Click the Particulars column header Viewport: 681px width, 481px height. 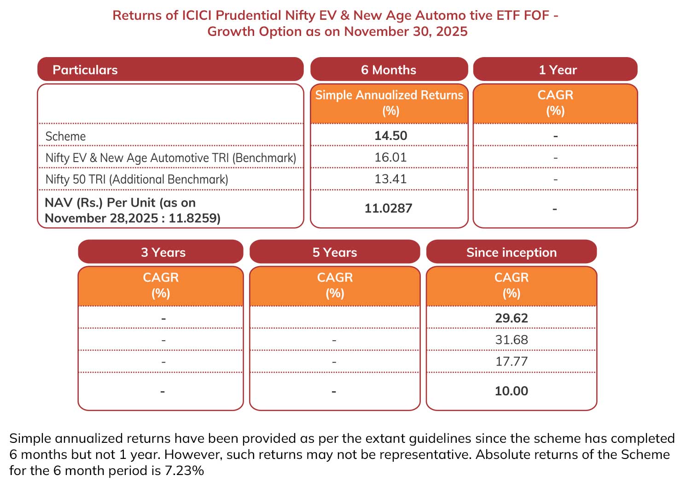tap(85, 70)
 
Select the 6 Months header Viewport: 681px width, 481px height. tap(389, 70)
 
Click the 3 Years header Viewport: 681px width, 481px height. tap(163, 252)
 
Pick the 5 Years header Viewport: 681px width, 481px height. tap(335, 252)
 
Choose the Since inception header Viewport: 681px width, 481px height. tap(512, 252)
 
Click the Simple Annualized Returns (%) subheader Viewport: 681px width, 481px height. tap(389, 103)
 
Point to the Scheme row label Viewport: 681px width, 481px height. tap(65, 136)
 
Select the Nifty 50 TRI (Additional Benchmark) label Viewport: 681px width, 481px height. tap(137, 179)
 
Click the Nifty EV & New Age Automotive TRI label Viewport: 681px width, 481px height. tap(170, 158)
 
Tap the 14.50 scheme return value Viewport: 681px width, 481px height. tap(390, 136)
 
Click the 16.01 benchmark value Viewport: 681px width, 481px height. tap(390, 157)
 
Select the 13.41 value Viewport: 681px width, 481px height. tap(390, 179)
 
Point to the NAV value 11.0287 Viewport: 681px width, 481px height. tap(388, 209)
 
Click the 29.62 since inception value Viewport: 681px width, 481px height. tap(512, 318)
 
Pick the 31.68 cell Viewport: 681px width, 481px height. tap(512, 340)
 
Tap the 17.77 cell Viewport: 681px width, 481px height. tap(512, 361)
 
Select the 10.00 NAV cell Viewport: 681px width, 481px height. tap(512, 391)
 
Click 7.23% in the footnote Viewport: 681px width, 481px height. tap(184, 471)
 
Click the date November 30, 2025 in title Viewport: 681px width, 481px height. tap(406, 31)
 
